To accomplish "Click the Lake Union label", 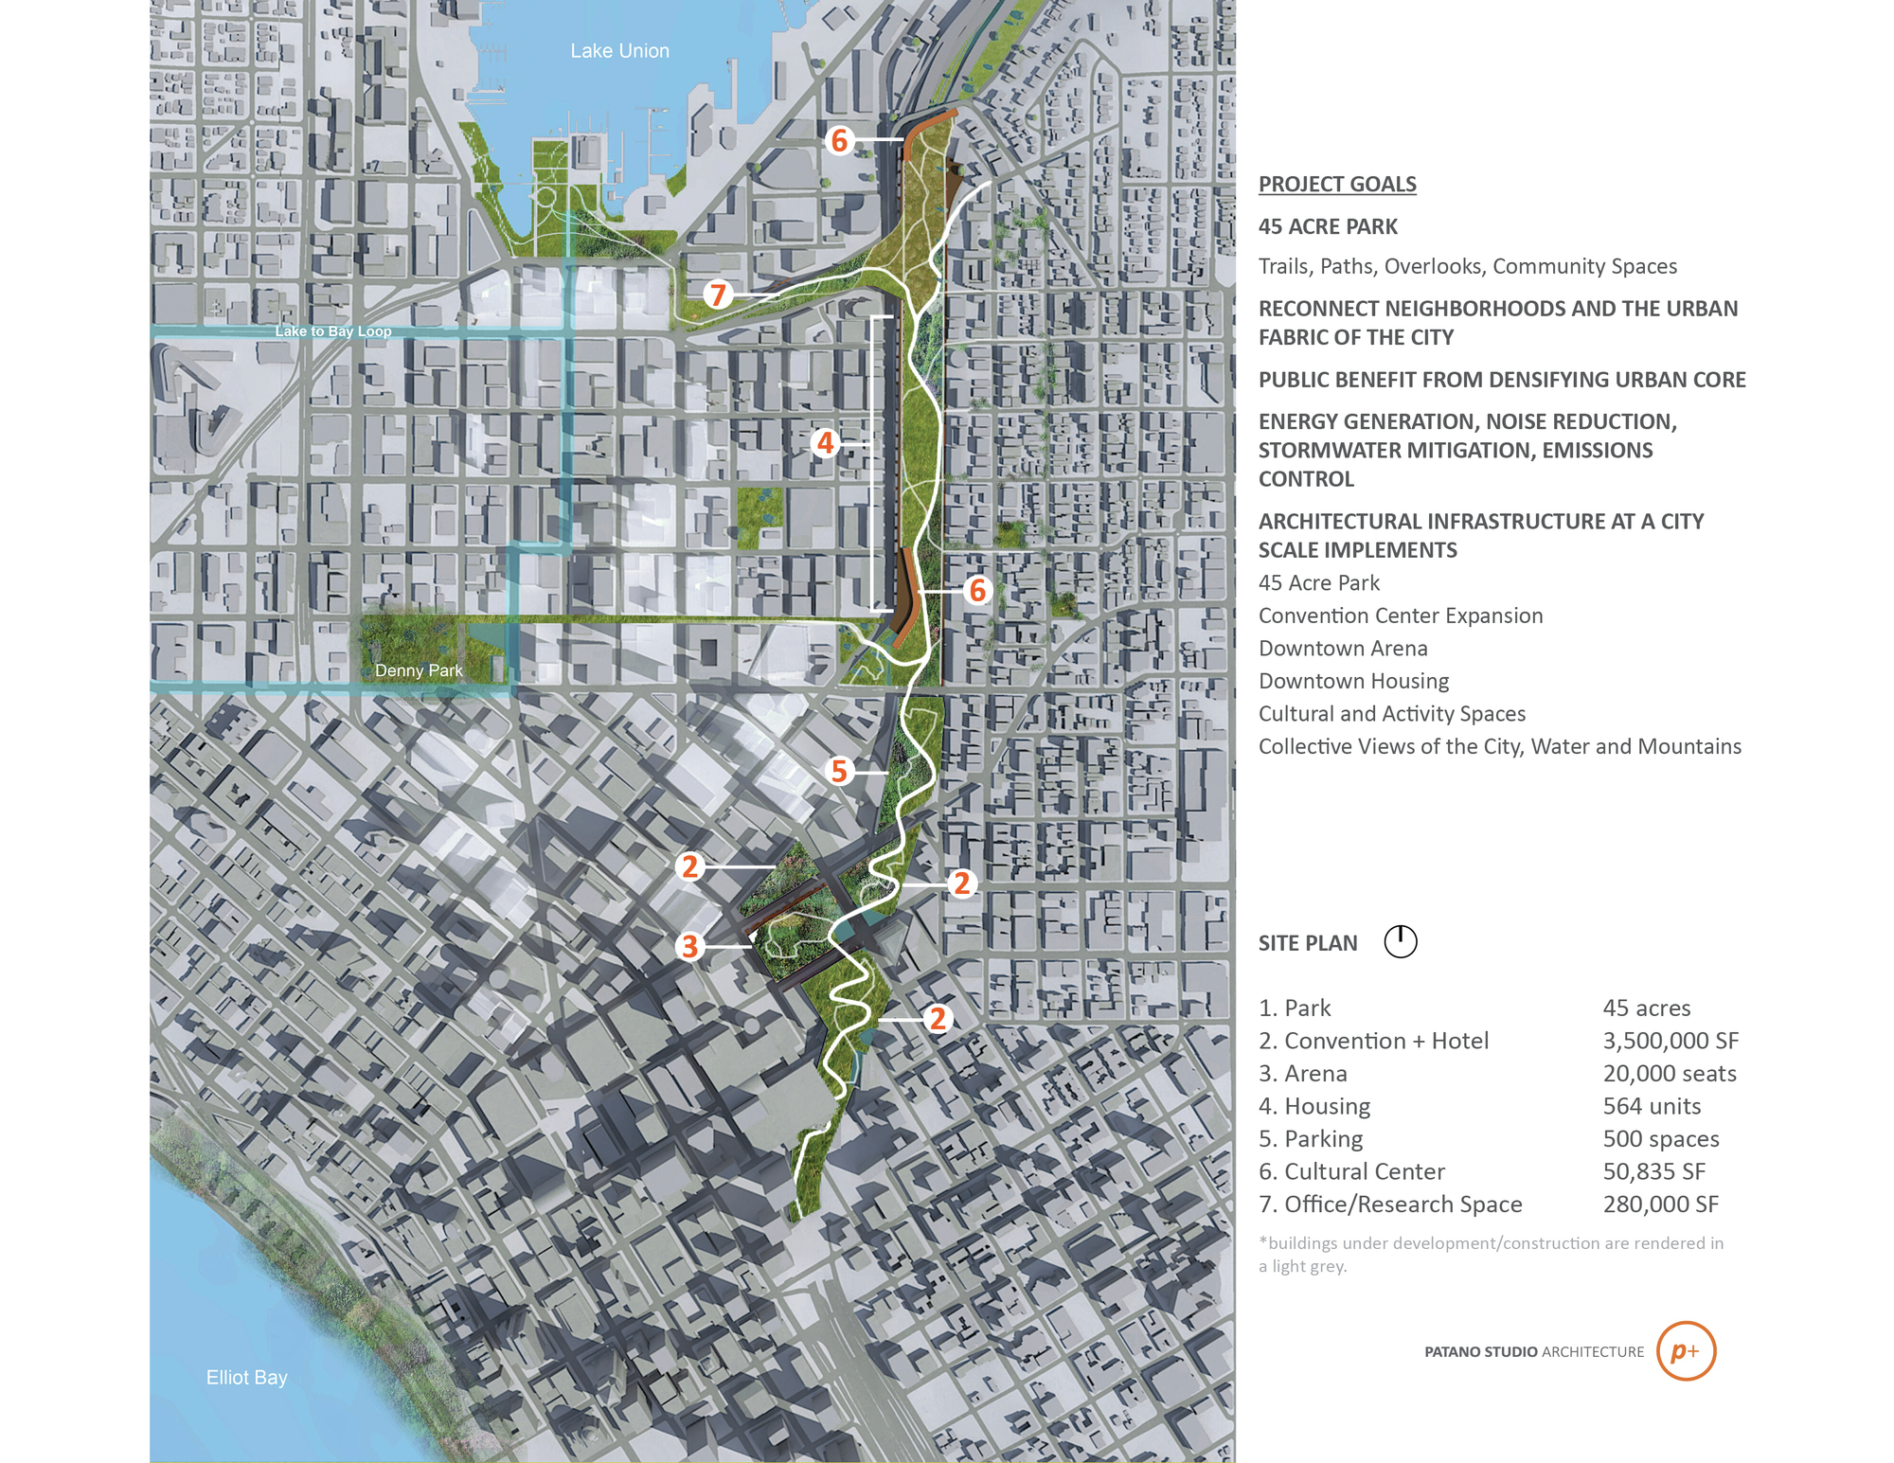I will pyautogui.click(x=619, y=51).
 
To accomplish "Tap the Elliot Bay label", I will pyautogui.click(x=246, y=1377).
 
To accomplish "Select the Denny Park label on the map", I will pyautogui.click(x=419, y=670).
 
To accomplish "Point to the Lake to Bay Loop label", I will pyautogui.click(x=333, y=331).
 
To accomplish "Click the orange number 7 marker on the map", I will pyautogui.click(x=718, y=294).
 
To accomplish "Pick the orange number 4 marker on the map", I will pyautogui.click(x=826, y=442).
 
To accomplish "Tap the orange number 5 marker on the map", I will pyautogui.click(x=839, y=771).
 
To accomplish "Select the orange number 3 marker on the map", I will pyautogui.click(x=690, y=946).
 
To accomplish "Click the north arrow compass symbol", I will pyautogui.click(x=1401, y=942).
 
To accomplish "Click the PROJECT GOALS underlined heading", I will pyautogui.click(x=1337, y=185).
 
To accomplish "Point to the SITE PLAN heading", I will pyautogui.click(x=1308, y=943).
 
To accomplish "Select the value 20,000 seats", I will pyautogui.click(x=1670, y=1074).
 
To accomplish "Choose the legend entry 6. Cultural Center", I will pyautogui.click(x=1351, y=1171).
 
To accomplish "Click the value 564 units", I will pyautogui.click(x=1652, y=1106).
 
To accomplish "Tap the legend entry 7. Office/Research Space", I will pyautogui.click(x=1390, y=1204).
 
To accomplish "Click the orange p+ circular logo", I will pyautogui.click(x=1686, y=1351).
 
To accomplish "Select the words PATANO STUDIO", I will pyautogui.click(x=1481, y=1352).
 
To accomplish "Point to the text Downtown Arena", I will pyautogui.click(x=1343, y=649).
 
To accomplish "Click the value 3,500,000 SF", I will pyautogui.click(x=1671, y=1041).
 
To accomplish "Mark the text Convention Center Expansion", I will pyautogui.click(x=1401, y=616).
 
